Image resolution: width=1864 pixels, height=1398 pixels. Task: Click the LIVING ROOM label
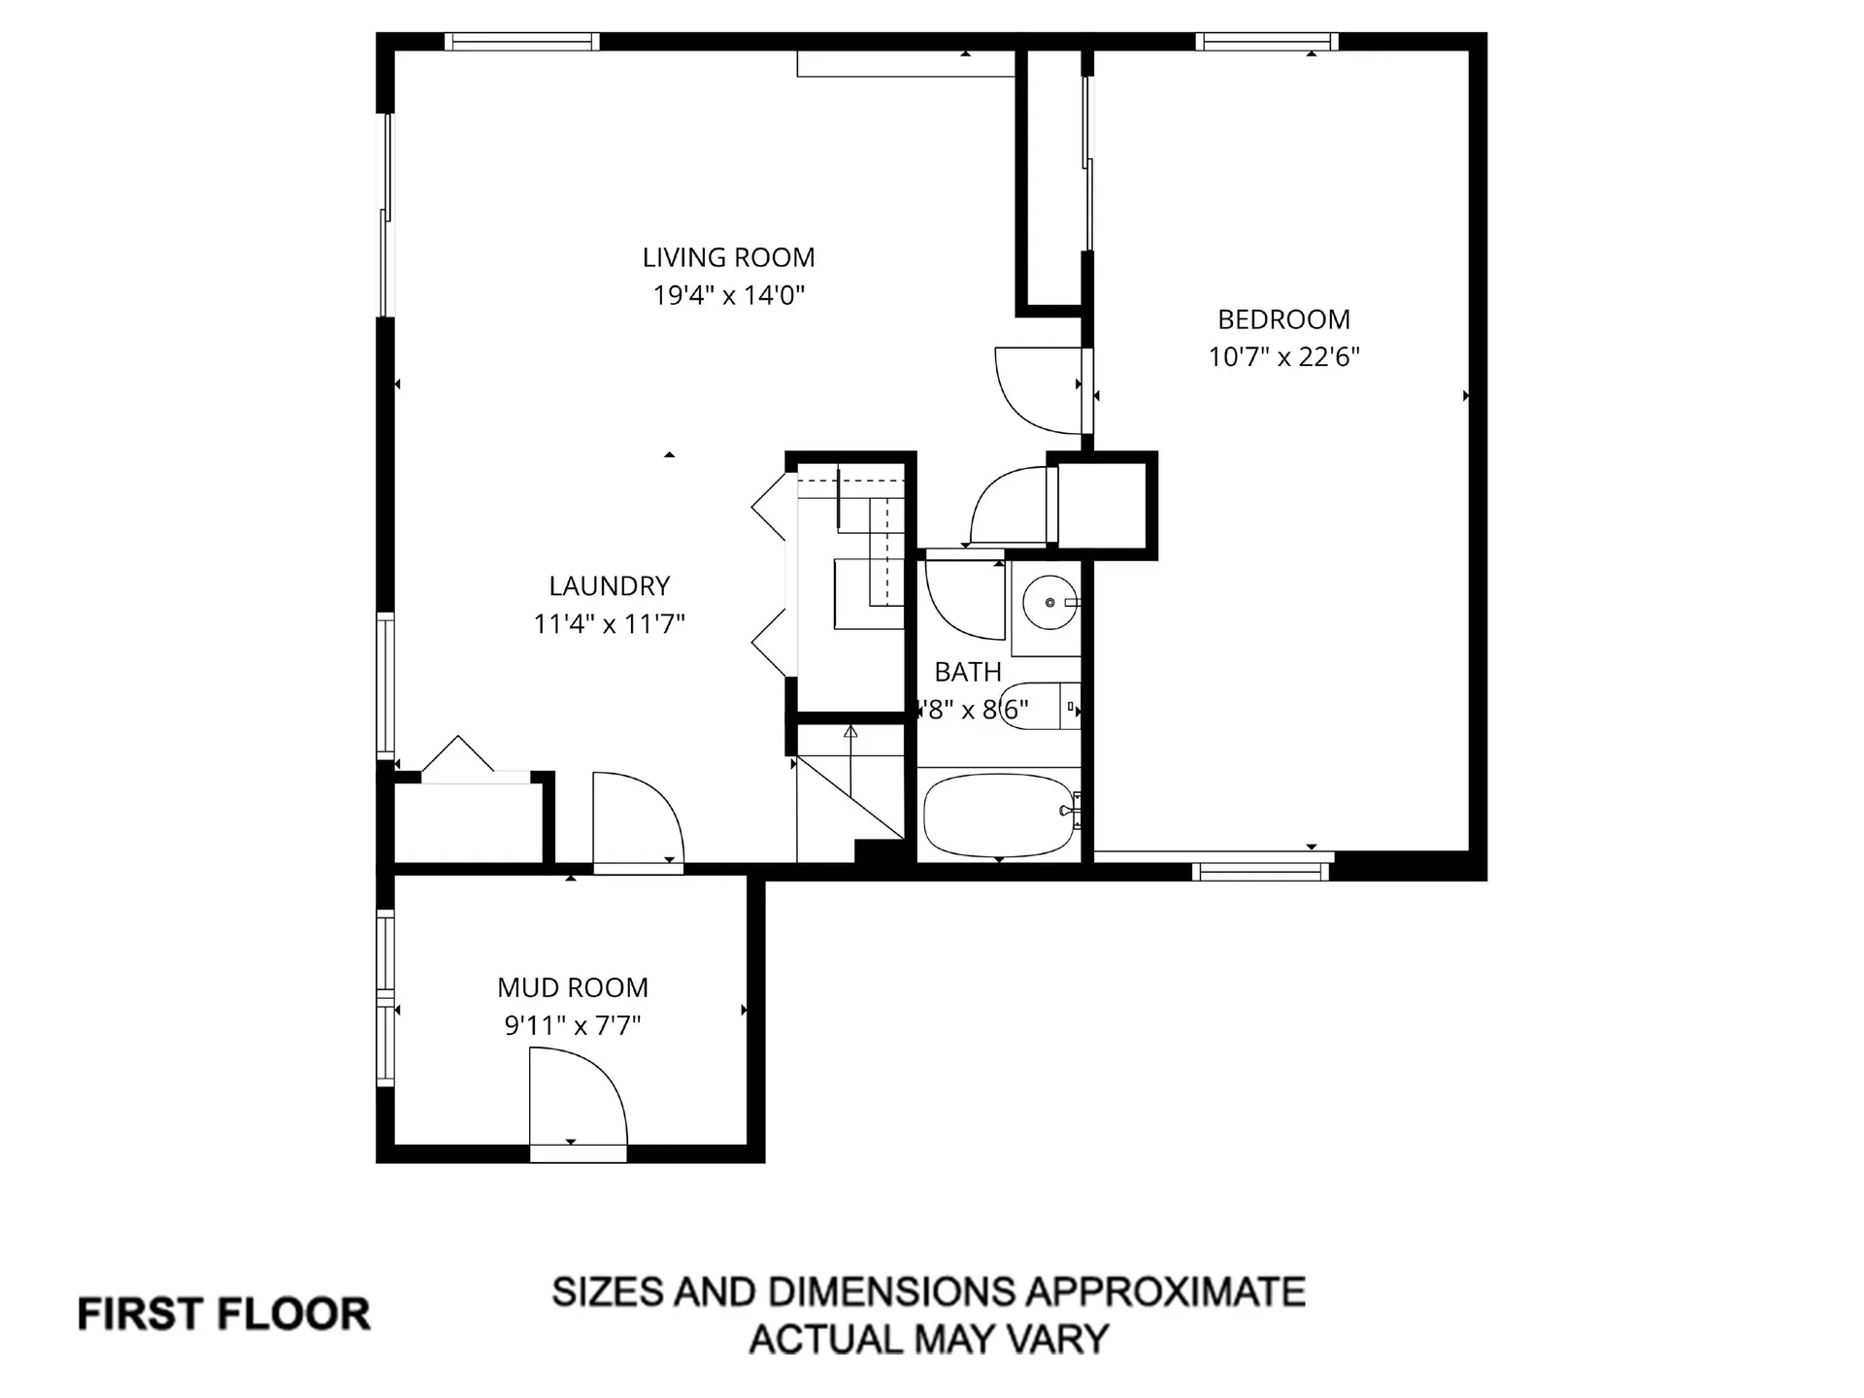coord(728,257)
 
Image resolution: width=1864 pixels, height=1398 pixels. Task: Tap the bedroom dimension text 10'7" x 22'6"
coord(1283,356)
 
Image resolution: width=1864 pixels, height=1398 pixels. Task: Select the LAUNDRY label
coord(609,585)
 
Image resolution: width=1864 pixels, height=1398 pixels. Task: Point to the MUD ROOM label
coord(572,987)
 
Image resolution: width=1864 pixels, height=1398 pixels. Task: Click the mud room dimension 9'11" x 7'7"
coord(572,1025)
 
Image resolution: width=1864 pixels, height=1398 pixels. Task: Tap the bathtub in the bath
coord(998,815)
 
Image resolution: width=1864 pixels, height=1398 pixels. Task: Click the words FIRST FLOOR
coord(224,1315)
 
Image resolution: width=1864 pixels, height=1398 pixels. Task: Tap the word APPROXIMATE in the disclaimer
coord(1165,1292)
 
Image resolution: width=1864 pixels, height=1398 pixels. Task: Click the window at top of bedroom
coord(1266,42)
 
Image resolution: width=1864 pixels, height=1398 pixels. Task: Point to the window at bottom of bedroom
coord(1260,871)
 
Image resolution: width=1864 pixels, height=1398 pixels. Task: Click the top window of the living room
coord(521,42)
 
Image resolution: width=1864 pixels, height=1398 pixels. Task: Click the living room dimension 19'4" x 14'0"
coord(728,295)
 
